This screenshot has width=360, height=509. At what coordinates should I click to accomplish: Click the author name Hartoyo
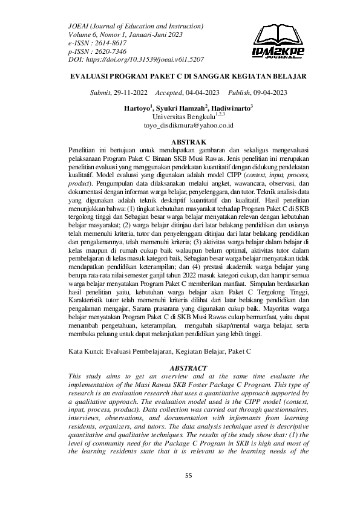point(137,108)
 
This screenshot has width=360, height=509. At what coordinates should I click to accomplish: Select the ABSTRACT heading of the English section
point(189,368)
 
